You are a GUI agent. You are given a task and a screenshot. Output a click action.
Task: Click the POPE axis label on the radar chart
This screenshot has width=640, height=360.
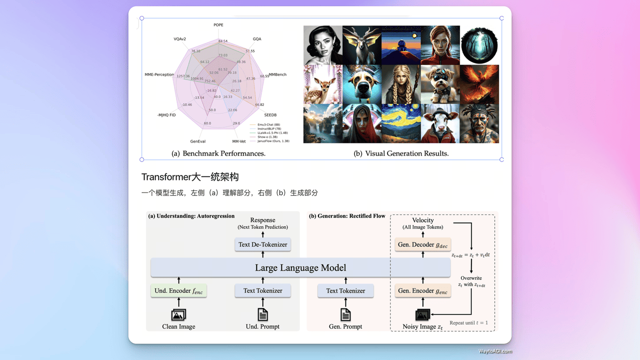point(218,24)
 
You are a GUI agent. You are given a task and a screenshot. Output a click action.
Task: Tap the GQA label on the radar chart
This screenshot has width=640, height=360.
point(257,39)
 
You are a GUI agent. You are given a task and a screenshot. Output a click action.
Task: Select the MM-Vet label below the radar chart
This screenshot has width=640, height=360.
point(239,141)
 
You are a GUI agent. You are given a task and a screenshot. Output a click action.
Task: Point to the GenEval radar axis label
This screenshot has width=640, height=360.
point(198,141)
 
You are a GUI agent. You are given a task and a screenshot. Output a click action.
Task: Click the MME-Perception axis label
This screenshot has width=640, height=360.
point(159,74)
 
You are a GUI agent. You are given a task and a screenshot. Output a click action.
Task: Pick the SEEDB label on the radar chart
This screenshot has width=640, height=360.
point(270,115)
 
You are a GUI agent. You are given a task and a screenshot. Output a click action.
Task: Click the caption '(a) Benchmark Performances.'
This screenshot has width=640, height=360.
point(218,153)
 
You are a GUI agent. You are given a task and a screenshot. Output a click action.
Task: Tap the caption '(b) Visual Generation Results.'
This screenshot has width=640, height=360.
point(401,153)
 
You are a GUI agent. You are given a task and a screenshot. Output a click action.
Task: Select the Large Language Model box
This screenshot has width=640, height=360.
point(300,267)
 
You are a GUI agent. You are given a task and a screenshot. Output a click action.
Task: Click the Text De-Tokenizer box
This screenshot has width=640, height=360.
point(263,244)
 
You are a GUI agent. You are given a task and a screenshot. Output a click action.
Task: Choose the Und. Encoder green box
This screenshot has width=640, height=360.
point(178,290)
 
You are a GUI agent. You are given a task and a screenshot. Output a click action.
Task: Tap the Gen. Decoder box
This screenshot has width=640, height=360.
point(422,244)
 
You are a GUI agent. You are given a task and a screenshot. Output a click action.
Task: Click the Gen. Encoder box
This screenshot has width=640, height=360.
point(422,290)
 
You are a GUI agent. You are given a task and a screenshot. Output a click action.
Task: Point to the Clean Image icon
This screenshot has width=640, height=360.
point(178,314)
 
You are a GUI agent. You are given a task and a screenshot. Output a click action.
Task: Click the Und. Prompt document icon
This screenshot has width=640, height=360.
point(262,314)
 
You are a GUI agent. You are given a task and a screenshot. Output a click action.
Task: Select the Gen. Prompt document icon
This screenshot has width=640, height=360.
point(345,314)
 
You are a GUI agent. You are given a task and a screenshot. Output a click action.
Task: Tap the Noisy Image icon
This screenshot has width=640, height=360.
point(423,315)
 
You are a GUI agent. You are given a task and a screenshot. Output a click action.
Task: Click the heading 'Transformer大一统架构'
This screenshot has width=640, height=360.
point(190,177)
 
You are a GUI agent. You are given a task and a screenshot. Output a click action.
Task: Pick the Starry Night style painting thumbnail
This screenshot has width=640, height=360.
point(401,123)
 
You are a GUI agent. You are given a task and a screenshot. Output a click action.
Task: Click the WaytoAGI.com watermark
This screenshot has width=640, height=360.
point(495,351)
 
